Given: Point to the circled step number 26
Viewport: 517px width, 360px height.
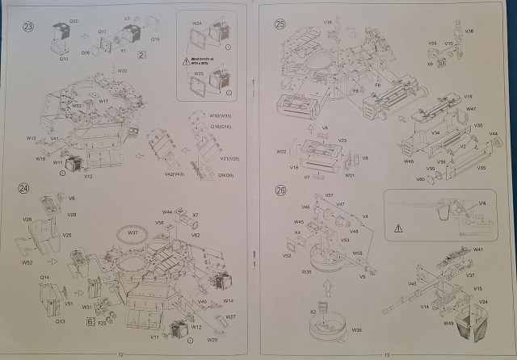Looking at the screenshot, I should click(280, 191).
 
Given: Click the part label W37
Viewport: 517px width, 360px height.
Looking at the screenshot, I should click(132, 232).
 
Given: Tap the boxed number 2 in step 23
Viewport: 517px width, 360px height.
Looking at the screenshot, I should click(141, 55).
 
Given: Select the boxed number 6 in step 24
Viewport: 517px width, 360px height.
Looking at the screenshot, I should click(90, 321).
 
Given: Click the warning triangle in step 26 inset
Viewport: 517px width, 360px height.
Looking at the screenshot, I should click(398, 229).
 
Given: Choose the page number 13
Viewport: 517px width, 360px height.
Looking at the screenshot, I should click(386, 355).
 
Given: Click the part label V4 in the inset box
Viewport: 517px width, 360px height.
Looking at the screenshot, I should click(482, 203).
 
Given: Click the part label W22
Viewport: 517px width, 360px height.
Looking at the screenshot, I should click(282, 151).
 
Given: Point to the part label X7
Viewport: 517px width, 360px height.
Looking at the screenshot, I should click(195, 216).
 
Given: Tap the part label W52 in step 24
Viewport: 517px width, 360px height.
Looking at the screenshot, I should click(27, 262).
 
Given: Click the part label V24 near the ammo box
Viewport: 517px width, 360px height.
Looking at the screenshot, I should click(482, 303).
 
